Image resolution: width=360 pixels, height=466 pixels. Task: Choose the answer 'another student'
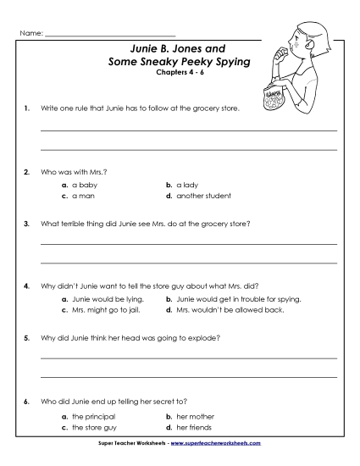coord(204,195)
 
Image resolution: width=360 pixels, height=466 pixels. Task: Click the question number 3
coord(28,225)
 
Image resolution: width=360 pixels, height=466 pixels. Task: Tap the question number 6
coord(28,399)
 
